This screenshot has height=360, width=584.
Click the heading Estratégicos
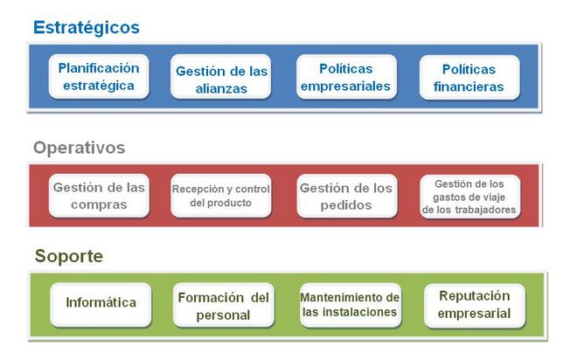87,28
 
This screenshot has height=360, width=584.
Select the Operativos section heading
80,148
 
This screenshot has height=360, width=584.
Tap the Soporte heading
69,256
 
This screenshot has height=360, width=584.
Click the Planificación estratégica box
99,77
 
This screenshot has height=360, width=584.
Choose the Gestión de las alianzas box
221,77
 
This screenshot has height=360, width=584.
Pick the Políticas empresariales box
346,77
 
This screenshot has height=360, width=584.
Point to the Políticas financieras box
469,78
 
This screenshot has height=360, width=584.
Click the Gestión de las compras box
99,196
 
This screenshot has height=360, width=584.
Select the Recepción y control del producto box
221,196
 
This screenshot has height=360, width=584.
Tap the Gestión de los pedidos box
347,197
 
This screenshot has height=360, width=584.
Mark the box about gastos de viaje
469,197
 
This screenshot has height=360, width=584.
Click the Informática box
101,305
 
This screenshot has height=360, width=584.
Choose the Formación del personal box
224,305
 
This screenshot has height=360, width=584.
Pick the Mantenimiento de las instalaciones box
351,305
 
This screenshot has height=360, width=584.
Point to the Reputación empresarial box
475,306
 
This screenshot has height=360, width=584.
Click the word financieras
469,87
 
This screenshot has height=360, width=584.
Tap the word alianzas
221,89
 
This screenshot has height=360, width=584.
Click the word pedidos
346,205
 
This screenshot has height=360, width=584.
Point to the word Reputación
474,296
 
